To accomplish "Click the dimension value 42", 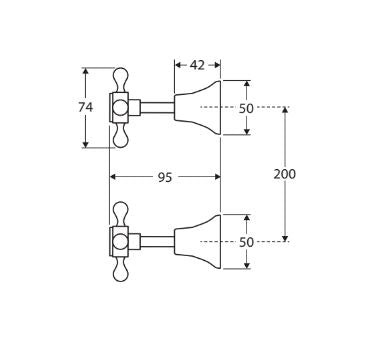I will pyautogui.click(x=197, y=65).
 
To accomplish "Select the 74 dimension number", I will pyautogui.click(x=86, y=107).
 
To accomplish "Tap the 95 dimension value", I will pyautogui.click(x=164, y=177).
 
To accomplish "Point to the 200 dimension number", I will pyautogui.click(x=285, y=173).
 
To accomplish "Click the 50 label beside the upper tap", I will pyautogui.click(x=246, y=107).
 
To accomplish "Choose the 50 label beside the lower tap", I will pyautogui.click(x=246, y=242).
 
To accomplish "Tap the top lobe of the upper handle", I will pyautogui.click(x=120, y=77).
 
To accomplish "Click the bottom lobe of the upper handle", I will pyautogui.click(x=120, y=138).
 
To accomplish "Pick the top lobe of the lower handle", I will pyautogui.click(x=120, y=211).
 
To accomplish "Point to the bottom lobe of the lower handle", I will pyautogui.click(x=120, y=272).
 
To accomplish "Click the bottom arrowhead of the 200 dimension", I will pyautogui.click(x=285, y=237).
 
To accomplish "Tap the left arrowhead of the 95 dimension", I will pyautogui.click(x=113, y=177).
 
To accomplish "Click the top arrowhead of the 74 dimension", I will pyautogui.click(x=86, y=71).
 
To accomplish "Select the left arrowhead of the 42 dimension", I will pyautogui.click(x=178, y=65).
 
